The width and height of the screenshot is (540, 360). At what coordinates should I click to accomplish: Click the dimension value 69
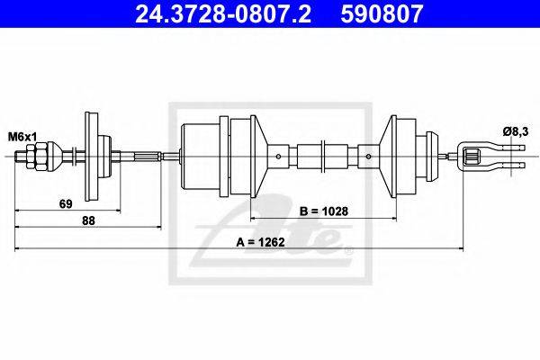click(66, 204)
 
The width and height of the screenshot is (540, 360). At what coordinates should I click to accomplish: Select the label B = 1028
click(320, 212)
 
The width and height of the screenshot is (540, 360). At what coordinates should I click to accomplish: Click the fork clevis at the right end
click(477, 157)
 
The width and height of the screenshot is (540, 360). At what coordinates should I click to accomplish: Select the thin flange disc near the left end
click(89, 157)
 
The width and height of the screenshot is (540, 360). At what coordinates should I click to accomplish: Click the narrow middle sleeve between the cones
click(321, 157)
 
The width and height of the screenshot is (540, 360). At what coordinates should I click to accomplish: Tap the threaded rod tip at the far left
click(18, 157)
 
